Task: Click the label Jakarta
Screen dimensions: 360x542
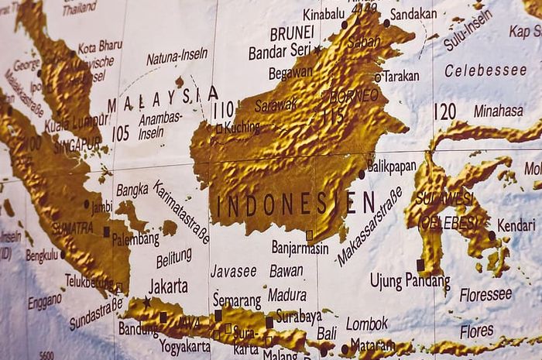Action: [x=168, y=286]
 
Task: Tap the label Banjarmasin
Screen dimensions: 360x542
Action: [x=300, y=247]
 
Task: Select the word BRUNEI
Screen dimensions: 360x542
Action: [x=291, y=33]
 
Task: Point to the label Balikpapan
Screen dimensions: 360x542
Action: [x=392, y=166]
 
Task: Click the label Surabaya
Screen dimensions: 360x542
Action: [x=298, y=316]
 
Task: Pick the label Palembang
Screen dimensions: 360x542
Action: [x=136, y=239]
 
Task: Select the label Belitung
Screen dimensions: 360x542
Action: [x=173, y=256]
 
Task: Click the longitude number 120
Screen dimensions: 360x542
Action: [x=444, y=112]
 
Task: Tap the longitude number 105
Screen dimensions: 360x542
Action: [x=120, y=133]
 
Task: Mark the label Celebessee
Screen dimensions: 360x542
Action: [x=485, y=70]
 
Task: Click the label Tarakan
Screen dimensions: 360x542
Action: [x=400, y=76]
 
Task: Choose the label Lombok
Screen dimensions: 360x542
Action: [x=367, y=323]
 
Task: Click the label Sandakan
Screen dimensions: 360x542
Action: [x=413, y=14]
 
